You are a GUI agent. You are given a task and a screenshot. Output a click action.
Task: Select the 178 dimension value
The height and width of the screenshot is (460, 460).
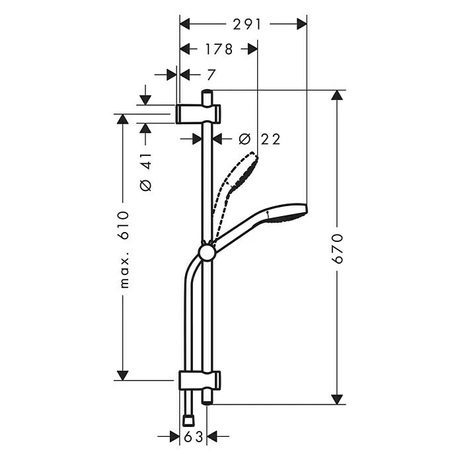(x=219, y=49)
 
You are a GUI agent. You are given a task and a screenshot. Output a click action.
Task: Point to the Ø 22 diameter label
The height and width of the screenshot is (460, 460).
(x=259, y=139)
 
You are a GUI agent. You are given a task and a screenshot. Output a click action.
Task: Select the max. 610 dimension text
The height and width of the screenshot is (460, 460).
(x=123, y=250)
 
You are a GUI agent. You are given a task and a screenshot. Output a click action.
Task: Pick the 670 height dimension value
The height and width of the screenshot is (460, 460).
(x=338, y=249)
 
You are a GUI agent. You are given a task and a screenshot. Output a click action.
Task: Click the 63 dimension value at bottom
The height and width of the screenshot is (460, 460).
(x=193, y=436)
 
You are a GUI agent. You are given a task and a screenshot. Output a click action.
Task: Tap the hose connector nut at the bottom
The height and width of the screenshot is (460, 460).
(x=188, y=419)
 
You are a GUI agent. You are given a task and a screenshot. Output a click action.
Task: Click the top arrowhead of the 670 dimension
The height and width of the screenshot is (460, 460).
(x=338, y=95)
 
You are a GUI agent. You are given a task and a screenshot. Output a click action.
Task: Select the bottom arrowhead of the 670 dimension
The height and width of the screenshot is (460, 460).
(x=338, y=399)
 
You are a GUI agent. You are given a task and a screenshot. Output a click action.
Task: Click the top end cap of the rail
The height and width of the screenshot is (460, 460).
(x=208, y=93)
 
